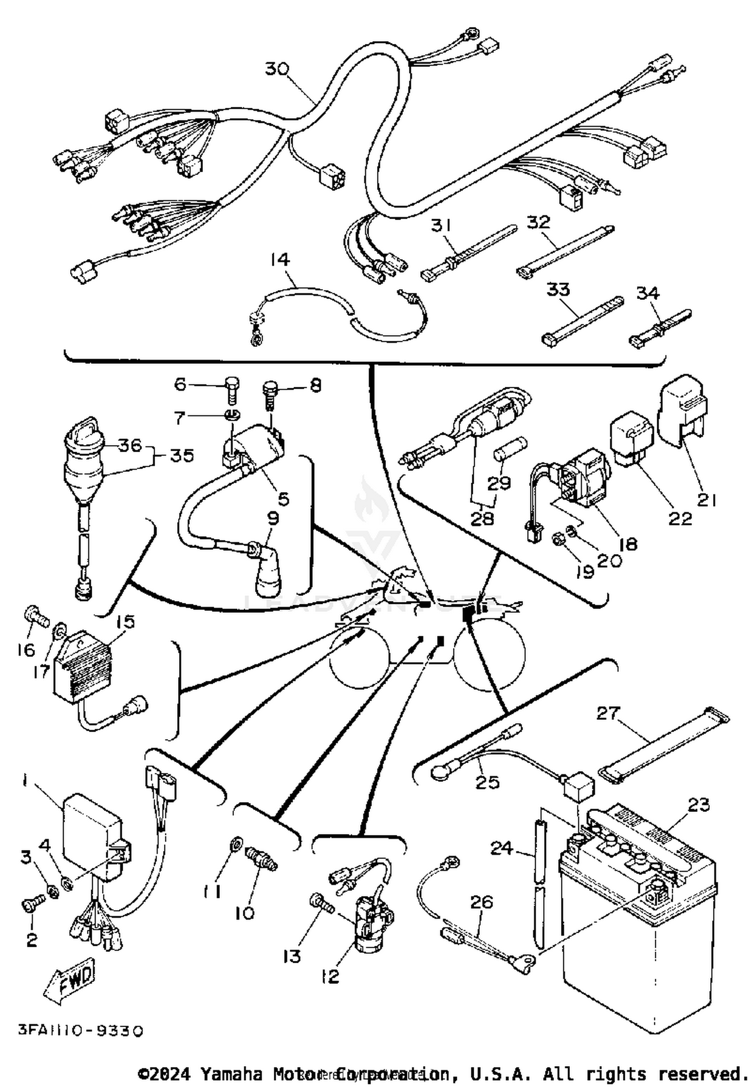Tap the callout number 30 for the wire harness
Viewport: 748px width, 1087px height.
tap(277, 68)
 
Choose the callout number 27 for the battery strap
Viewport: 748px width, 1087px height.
tap(608, 714)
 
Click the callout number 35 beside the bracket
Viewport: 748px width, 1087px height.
tap(182, 456)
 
